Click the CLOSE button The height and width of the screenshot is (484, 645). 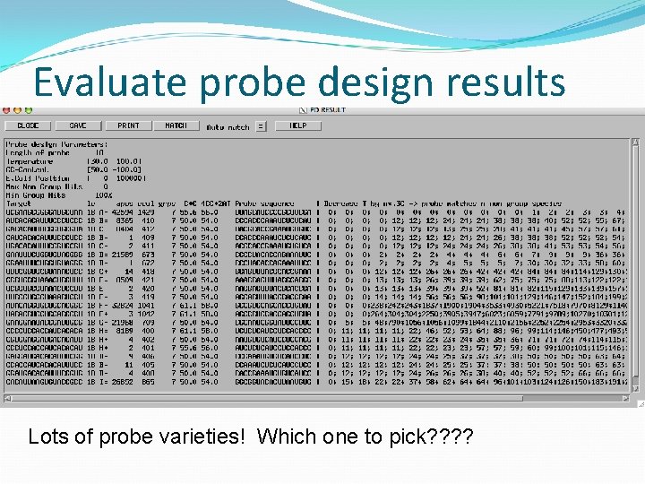click(x=28, y=125)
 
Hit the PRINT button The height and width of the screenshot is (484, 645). click(x=128, y=125)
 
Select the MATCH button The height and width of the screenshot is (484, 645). click(x=176, y=125)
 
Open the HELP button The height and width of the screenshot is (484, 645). click(x=297, y=125)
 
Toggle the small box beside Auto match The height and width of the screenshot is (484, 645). click(x=261, y=126)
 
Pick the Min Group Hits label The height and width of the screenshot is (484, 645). click(x=35, y=194)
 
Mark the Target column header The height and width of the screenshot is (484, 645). click(x=18, y=203)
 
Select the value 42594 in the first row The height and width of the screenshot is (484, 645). click(x=123, y=212)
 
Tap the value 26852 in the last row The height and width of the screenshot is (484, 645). click(x=122, y=382)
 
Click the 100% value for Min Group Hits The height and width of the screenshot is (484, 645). click(x=103, y=194)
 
